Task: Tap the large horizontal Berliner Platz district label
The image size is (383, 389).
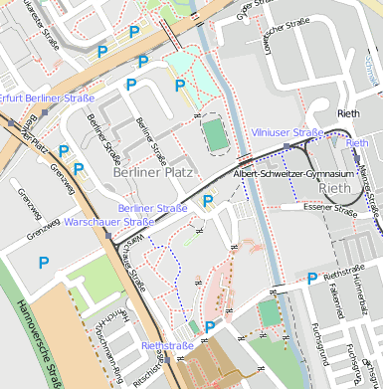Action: (152, 172)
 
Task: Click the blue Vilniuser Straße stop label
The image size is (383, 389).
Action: (287, 131)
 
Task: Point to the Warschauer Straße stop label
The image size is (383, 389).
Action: (108, 222)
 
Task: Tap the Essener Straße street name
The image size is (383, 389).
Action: (331, 210)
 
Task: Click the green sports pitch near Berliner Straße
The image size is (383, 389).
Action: (214, 135)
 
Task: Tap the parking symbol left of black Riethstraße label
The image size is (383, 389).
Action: (312, 279)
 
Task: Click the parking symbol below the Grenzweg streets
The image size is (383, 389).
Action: (43, 263)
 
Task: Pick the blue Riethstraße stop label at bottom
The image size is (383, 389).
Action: (167, 345)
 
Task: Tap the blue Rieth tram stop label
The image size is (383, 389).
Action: (356, 143)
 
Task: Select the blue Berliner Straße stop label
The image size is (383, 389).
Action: (152, 208)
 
